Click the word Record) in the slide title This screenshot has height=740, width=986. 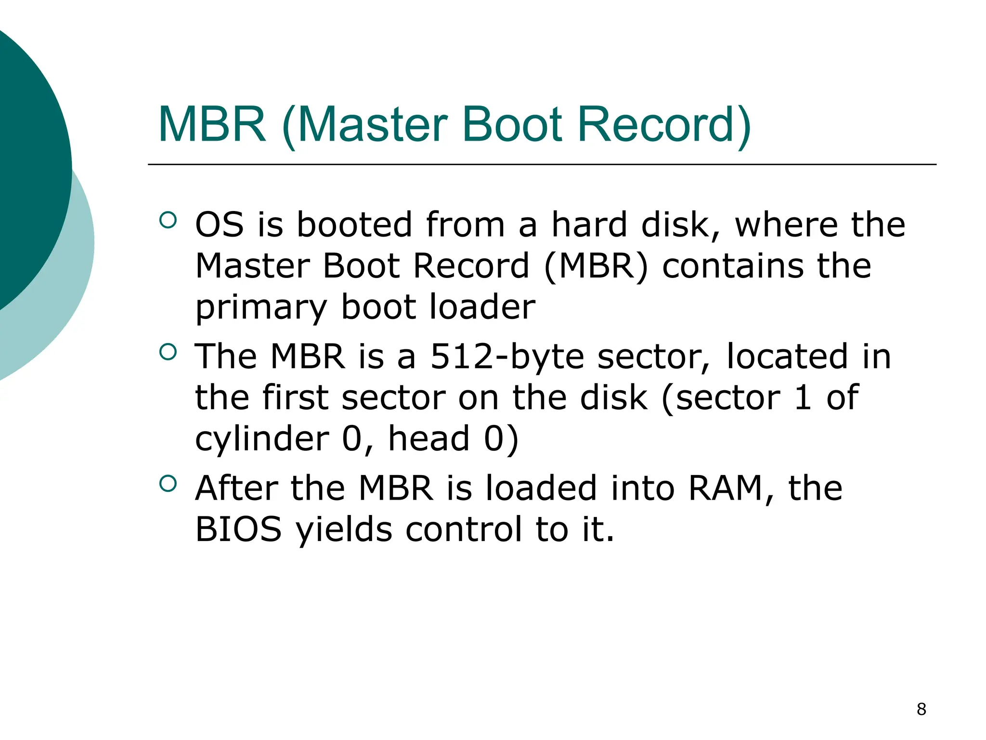tap(664, 124)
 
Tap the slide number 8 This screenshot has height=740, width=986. tap(921, 709)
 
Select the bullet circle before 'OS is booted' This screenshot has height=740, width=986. tap(168, 220)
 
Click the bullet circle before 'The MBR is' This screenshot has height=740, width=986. tap(168, 352)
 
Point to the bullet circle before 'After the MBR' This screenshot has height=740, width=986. tap(168, 483)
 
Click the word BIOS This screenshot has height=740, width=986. tap(238, 529)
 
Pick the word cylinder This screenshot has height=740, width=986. tap(262, 438)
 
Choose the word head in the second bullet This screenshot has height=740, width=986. tap(429, 438)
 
